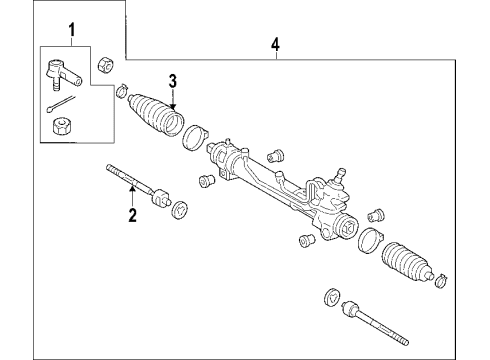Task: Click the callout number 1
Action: (72, 30)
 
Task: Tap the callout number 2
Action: (132, 215)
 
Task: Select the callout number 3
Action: (172, 81)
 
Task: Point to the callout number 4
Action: (275, 44)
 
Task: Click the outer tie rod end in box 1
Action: (63, 74)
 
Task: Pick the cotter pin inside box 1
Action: (61, 104)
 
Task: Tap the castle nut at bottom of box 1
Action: (62, 126)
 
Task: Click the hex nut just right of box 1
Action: (105, 65)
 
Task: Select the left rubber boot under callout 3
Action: (156, 115)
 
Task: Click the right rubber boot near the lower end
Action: (407, 263)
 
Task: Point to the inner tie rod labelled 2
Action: (138, 185)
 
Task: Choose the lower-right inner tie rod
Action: (375, 323)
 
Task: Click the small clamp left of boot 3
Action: (122, 90)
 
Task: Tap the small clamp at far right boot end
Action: (441, 281)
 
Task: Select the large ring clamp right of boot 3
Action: (194, 138)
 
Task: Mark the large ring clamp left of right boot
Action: (370, 240)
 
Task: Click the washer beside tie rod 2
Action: (179, 210)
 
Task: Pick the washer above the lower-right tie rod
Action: (332, 297)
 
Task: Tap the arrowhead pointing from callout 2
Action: (132, 189)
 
